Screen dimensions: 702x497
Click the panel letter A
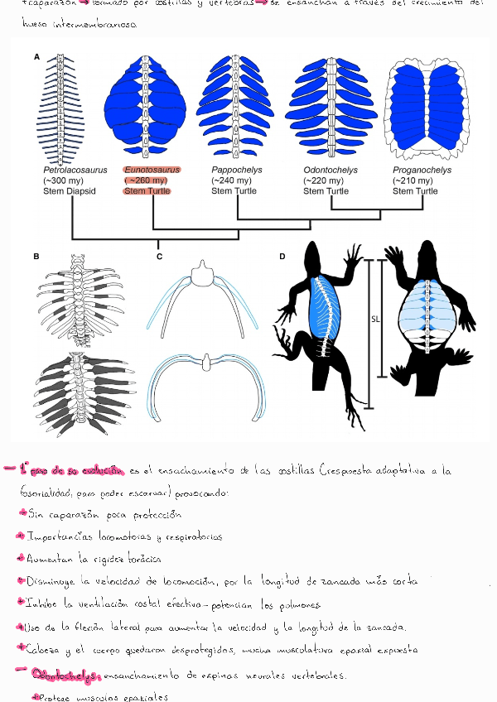click(x=36, y=57)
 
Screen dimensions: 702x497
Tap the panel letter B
click(x=36, y=257)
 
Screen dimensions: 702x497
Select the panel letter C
click(x=159, y=257)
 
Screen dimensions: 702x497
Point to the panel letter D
click(x=282, y=257)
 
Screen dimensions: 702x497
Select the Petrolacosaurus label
click(x=75, y=171)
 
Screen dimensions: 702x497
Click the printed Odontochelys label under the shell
click(x=330, y=171)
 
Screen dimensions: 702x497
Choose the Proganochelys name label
click(x=422, y=171)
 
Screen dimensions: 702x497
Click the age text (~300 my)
click(x=65, y=180)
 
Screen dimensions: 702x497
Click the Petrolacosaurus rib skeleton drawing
click(x=60, y=108)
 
